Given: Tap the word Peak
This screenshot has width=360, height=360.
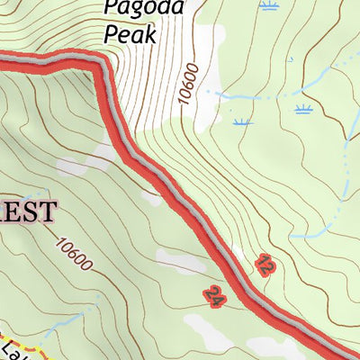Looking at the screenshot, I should point(130,34).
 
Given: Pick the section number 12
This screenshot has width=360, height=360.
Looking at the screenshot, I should point(264,265).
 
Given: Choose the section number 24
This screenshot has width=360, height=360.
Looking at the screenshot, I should point(213,295).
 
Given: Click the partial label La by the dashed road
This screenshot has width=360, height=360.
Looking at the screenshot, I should point(9,349).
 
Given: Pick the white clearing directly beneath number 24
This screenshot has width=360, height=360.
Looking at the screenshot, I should point(205,324).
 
